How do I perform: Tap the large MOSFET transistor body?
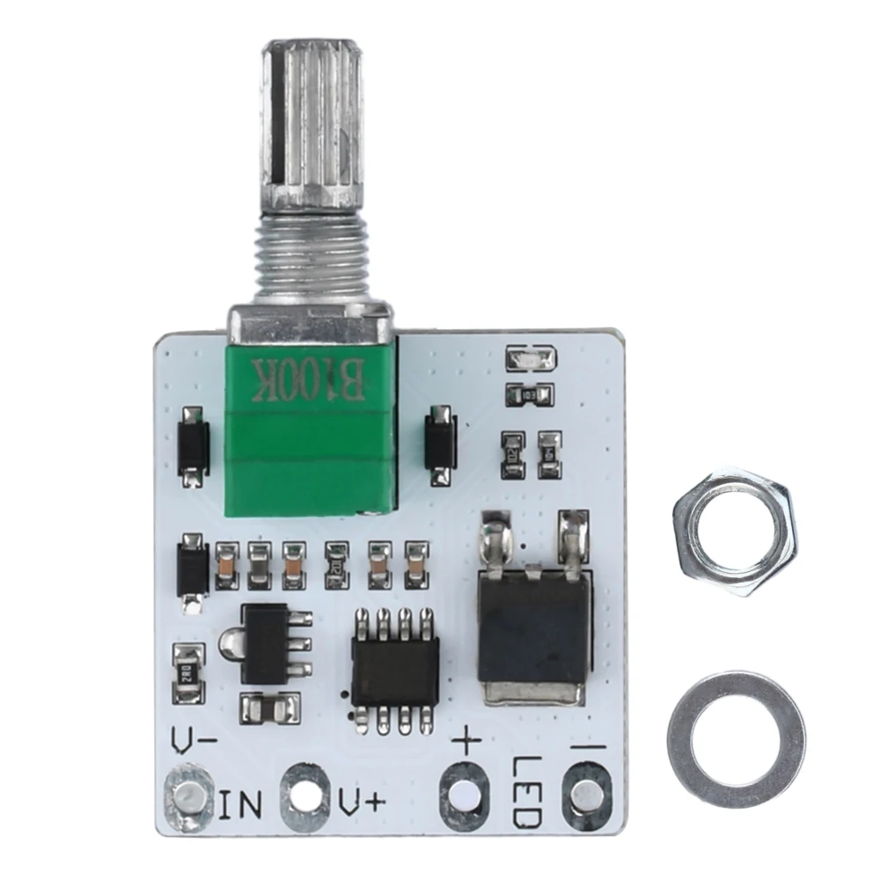pyautogui.click(x=532, y=628)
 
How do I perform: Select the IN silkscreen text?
pyautogui.click(x=239, y=803)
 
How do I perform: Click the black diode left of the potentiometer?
pyautogui.click(x=193, y=447)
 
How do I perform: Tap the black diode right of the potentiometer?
pyautogui.click(x=439, y=445)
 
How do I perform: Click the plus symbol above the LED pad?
pyautogui.click(x=466, y=744)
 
